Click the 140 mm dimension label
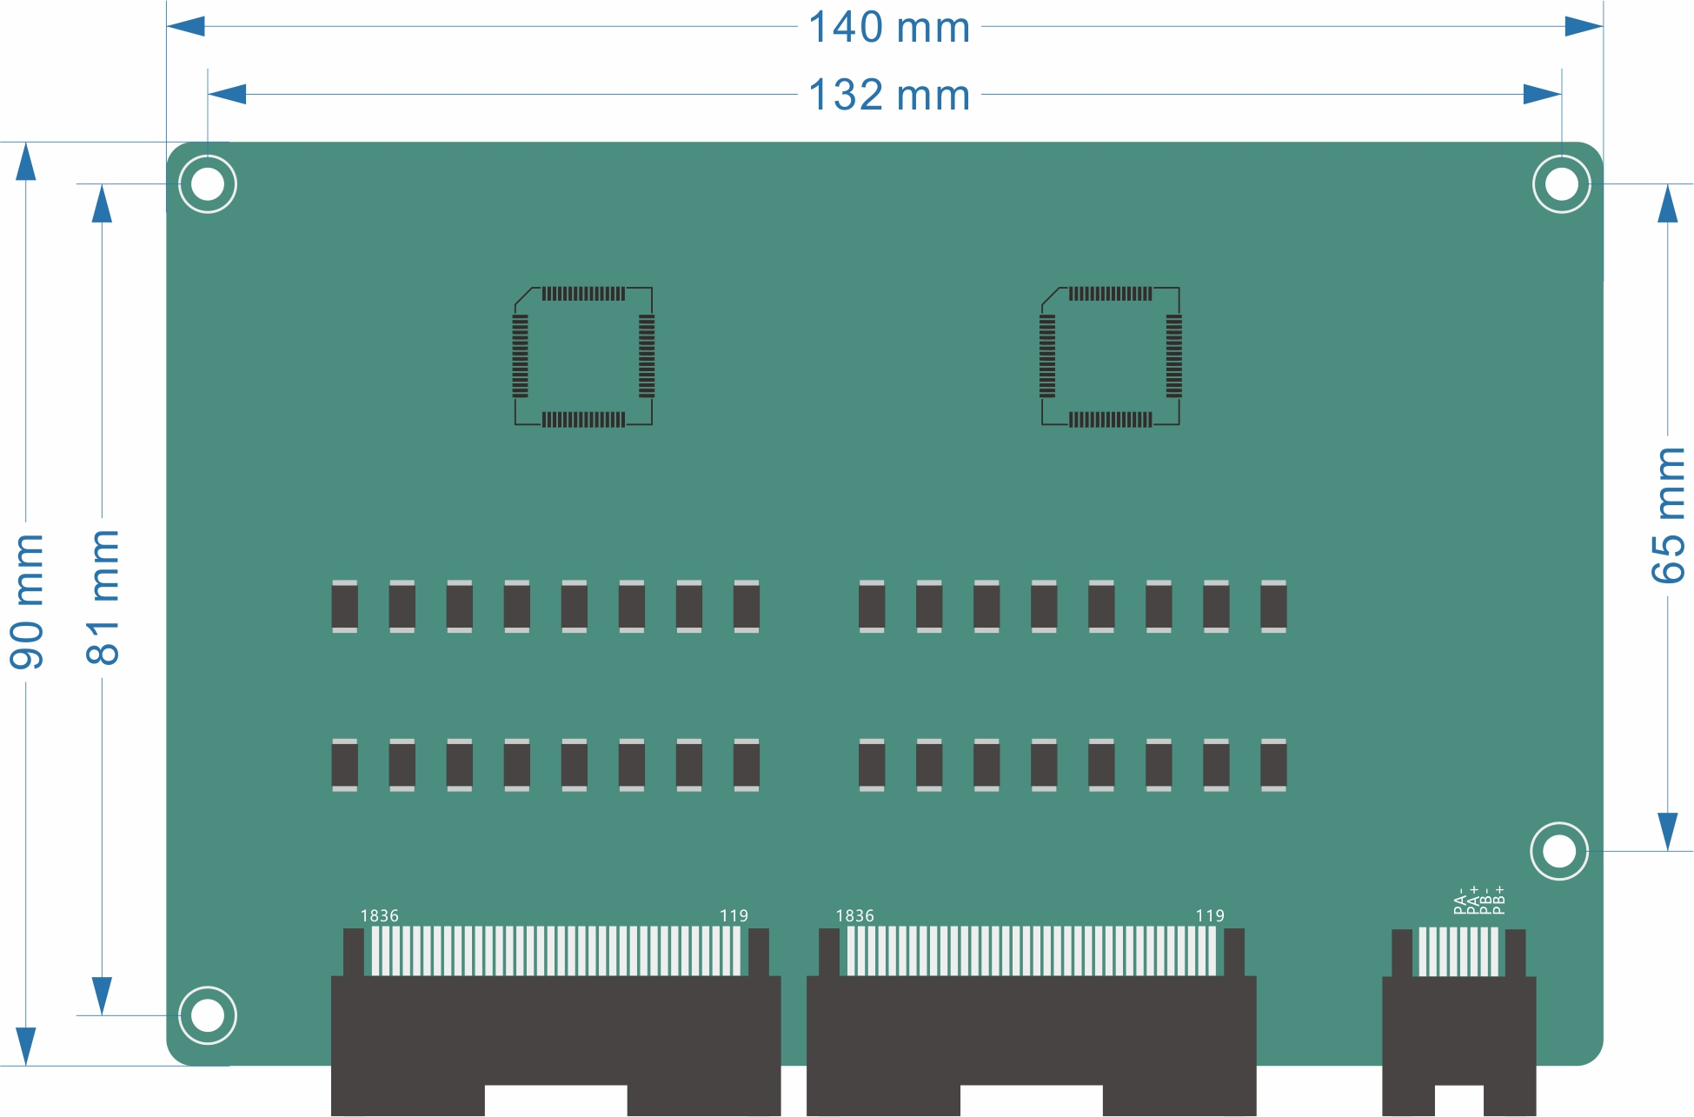889,27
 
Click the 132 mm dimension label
889,95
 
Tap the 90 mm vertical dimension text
27,602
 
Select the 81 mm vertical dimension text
103,597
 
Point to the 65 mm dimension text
1668,515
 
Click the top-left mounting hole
208,184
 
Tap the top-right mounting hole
1562,184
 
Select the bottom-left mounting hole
208,1015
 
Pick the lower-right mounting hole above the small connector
1559,851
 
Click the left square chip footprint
583,356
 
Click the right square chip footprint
1111,356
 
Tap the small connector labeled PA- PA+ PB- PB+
1459,1017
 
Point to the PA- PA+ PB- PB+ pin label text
1479,901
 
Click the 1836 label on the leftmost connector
380,916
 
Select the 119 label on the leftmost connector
734,916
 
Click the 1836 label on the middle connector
855,916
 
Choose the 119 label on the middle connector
1210,916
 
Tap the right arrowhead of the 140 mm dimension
1584,27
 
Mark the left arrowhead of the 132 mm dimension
228,95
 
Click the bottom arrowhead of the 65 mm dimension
1668,831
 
